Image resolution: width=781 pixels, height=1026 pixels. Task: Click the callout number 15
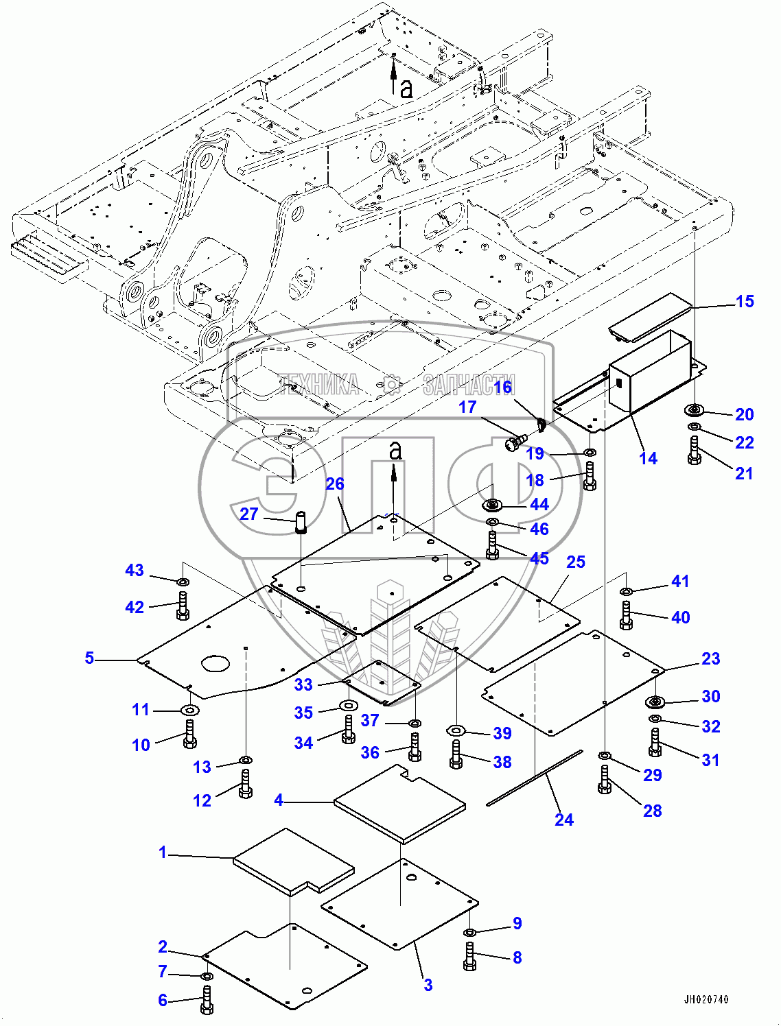coord(745,302)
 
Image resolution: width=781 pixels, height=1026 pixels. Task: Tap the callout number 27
coord(249,514)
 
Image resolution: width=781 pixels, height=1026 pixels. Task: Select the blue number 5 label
coord(89,658)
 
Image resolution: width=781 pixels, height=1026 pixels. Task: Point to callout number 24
coord(564,820)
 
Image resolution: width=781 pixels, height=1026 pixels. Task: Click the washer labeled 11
coord(190,711)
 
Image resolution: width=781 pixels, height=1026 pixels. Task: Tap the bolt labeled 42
coord(183,606)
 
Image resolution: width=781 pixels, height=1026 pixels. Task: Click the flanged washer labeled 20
coord(695,410)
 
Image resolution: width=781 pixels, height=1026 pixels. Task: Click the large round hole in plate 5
coord(215,663)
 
